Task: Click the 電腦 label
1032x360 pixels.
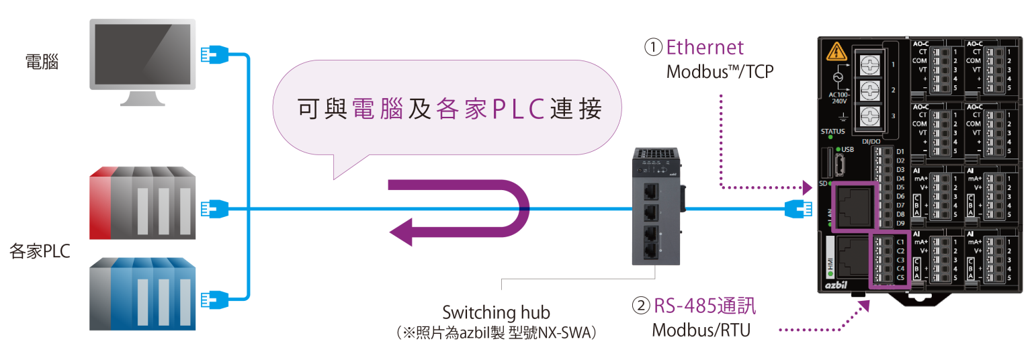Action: (x=42, y=62)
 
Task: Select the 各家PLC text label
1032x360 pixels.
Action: (x=40, y=251)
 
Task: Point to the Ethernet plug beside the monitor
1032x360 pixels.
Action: (x=212, y=54)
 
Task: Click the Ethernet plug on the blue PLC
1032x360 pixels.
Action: (x=212, y=296)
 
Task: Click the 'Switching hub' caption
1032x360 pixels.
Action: (x=496, y=312)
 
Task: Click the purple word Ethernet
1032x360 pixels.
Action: (x=705, y=47)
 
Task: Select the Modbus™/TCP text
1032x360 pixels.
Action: (x=720, y=71)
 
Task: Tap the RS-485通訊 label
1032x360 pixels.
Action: (x=705, y=306)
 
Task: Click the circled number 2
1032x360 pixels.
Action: (x=641, y=306)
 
